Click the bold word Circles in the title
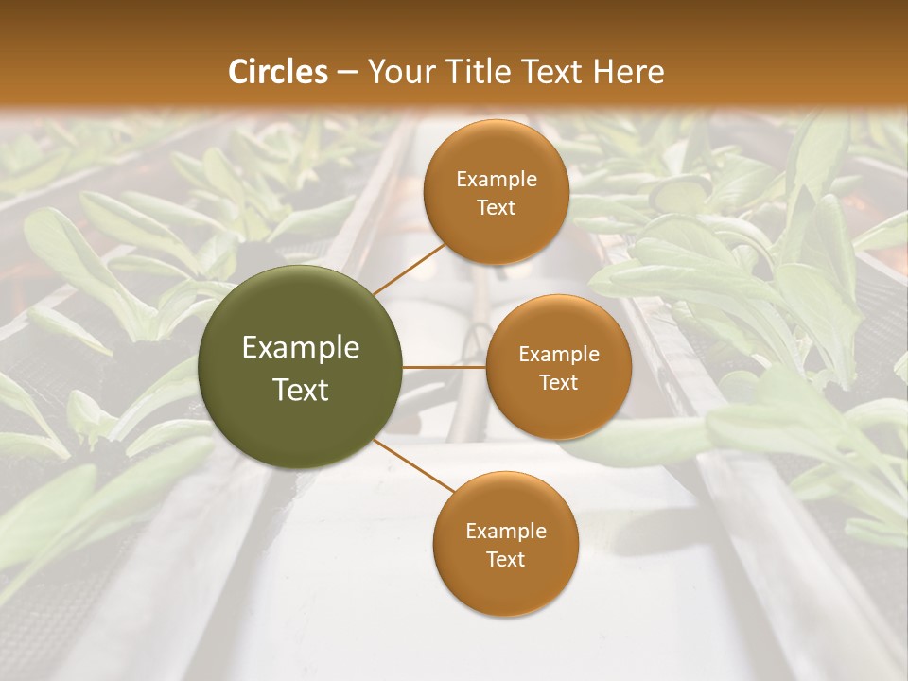[x=278, y=72]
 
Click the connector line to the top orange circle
[x=409, y=268]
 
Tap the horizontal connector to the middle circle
[x=445, y=367]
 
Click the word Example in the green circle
[x=301, y=348]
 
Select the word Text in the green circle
[x=301, y=390]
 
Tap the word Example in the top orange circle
[x=497, y=179]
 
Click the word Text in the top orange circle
[x=497, y=207]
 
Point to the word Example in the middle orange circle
[x=559, y=354]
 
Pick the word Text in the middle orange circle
[x=559, y=382]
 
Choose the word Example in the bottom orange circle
[x=506, y=531]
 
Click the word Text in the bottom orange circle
[x=506, y=559]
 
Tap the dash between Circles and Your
[x=347, y=72]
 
